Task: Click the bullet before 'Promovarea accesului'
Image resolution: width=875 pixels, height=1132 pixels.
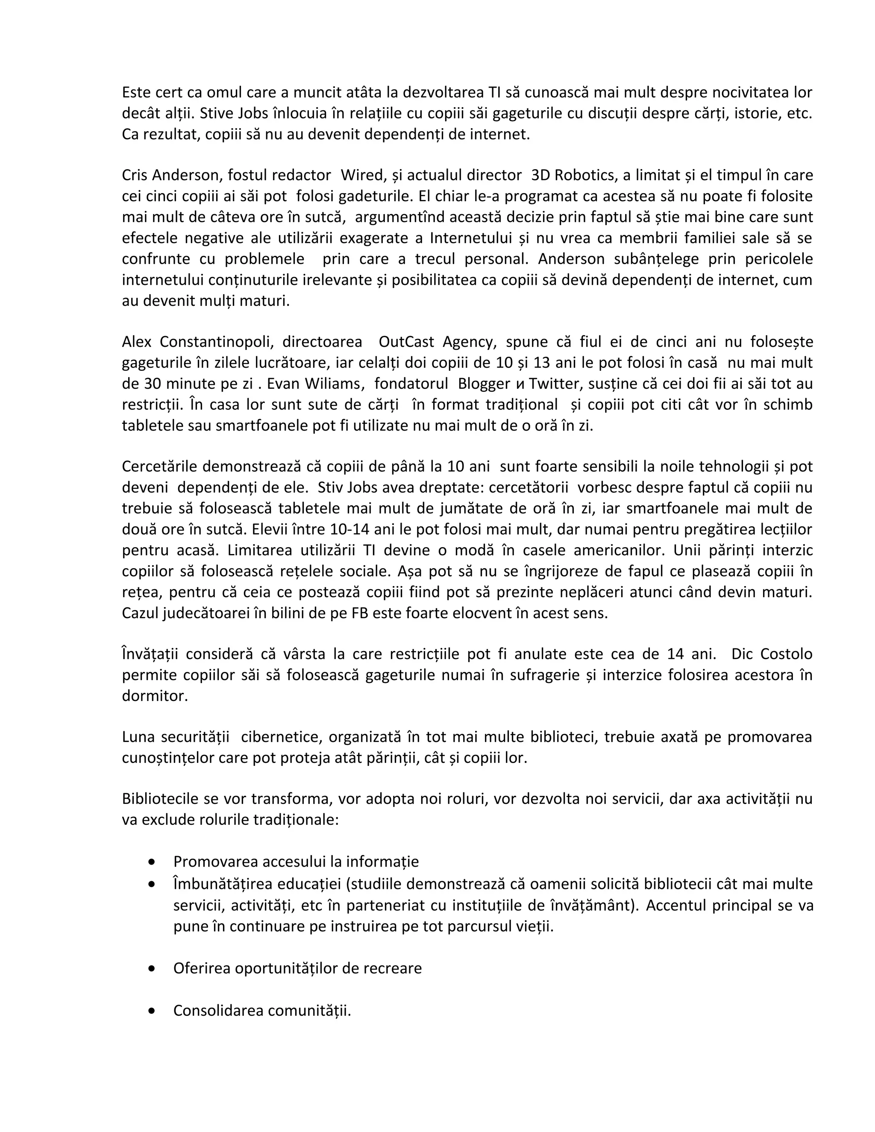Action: tap(151, 862)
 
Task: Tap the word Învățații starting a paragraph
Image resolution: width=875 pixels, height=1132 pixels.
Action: tap(150, 654)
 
